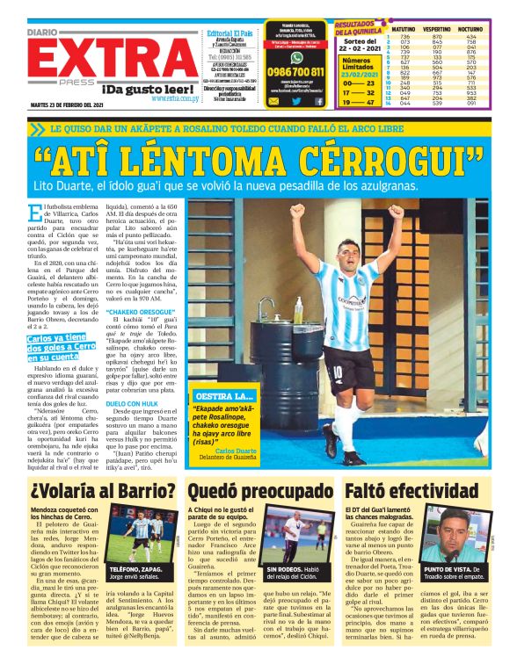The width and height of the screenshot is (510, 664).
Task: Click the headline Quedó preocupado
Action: click(x=255, y=490)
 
